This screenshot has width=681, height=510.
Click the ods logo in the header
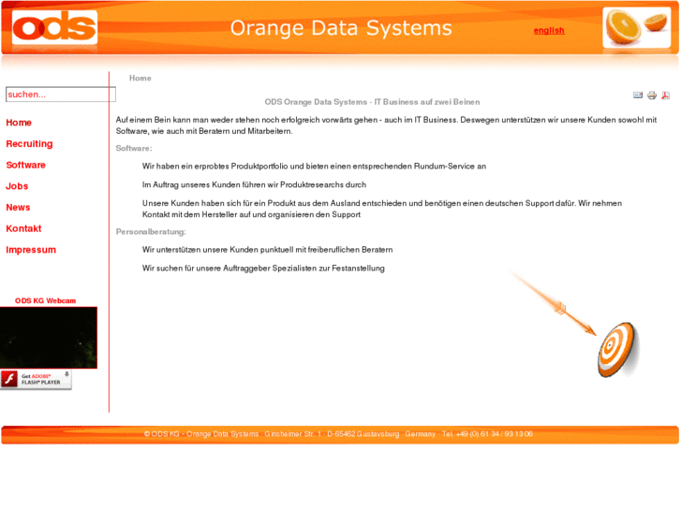point(54,28)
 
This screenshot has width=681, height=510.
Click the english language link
point(549,30)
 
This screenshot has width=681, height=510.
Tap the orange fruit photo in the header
point(636,28)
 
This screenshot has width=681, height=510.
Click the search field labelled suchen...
point(60,95)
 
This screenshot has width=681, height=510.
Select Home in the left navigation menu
point(19,123)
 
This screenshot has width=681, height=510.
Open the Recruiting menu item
point(29,144)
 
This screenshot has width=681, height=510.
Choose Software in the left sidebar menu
point(25,165)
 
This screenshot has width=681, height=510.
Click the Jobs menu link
point(17,186)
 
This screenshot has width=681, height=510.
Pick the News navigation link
point(18,208)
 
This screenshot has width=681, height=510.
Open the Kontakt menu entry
point(23,228)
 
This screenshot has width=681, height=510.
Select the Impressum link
point(31,250)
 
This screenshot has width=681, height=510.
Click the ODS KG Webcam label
point(45,300)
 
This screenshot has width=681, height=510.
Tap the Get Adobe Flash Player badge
point(36,379)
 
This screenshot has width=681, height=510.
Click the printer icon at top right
point(652,95)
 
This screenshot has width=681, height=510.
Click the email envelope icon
point(638,95)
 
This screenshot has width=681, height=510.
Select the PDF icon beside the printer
point(666,95)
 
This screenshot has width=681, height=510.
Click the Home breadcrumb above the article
point(140,78)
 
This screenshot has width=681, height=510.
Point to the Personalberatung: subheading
point(151,231)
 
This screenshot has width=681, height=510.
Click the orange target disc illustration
point(617,349)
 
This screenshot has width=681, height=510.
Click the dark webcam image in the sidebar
point(48,337)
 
